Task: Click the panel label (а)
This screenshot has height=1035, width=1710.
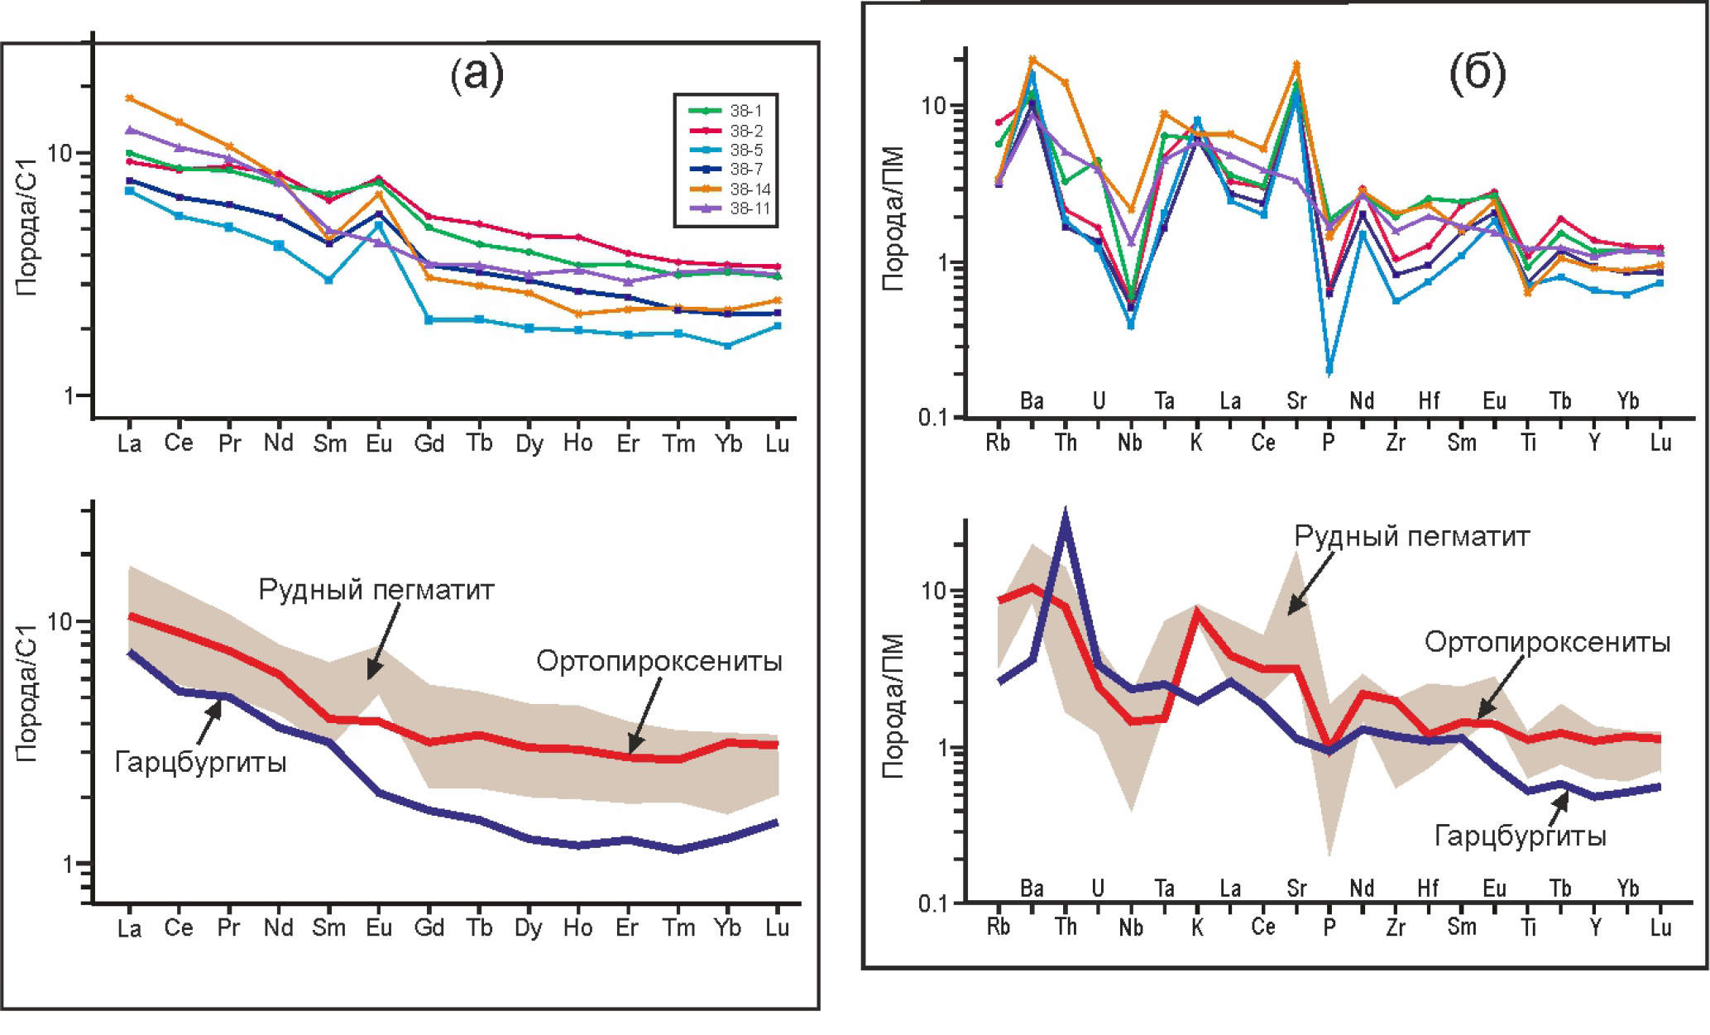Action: click(x=477, y=74)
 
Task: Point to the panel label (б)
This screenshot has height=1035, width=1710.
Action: click(x=1477, y=73)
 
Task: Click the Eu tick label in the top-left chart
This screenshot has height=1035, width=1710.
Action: click(x=379, y=444)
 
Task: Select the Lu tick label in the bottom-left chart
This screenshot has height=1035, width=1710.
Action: click(x=776, y=928)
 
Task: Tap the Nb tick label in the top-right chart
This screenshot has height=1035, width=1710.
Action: click(x=1130, y=443)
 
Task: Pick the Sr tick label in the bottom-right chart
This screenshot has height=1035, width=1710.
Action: click(x=1296, y=889)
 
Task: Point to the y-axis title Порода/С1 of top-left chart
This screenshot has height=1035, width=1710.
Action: click(x=26, y=228)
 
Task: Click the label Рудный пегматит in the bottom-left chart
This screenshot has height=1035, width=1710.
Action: click(x=376, y=590)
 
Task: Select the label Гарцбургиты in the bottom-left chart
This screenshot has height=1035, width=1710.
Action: click(x=200, y=761)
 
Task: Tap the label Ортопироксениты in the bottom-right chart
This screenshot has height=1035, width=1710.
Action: click(x=1547, y=642)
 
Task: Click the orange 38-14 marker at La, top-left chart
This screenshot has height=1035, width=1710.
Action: click(x=129, y=98)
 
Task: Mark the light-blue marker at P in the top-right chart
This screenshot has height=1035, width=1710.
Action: click(x=1329, y=369)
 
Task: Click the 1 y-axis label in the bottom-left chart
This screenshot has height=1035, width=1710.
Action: click(x=69, y=865)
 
